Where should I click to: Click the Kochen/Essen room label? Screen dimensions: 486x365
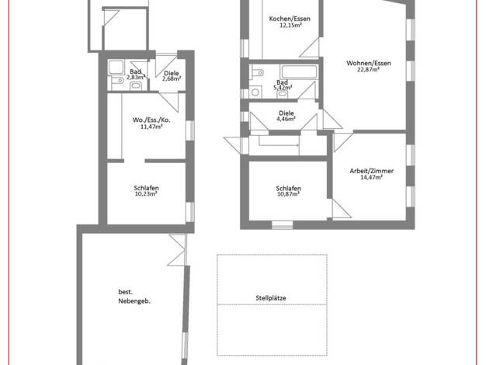[x=290, y=19]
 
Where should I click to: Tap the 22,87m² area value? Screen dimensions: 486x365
[x=368, y=69]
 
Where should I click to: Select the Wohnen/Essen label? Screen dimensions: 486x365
[x=369, y=63]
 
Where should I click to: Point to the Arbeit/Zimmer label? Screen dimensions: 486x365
[x=372, y=171]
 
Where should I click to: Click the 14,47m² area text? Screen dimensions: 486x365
[x=371, y=177]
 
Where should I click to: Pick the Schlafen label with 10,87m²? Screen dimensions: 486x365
[x=288, y=188]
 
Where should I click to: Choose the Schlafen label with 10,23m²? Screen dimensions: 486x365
[x=146, y=188]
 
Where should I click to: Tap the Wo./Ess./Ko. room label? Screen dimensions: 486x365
[x=151, y=120]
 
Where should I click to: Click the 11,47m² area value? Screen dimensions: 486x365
[x=151, y=127]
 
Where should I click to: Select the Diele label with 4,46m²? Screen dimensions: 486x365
[x=286, y=113]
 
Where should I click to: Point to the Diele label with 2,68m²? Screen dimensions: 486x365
[x=172, y=73]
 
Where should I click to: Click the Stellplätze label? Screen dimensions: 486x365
[x=271, y=298]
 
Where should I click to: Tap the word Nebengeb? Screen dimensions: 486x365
[x=134, y=301]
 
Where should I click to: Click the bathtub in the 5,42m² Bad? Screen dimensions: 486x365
[x=299, y=72]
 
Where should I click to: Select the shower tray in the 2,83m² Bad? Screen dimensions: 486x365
[x=116, y=67]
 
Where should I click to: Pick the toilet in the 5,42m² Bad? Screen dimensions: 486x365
[x=257, y=73]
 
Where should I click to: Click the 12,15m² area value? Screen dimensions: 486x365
[x=290, y=25]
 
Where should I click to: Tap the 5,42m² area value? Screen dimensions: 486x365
[x=283, y=88]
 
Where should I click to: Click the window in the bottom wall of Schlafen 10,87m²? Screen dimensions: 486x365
[x=283, y=225]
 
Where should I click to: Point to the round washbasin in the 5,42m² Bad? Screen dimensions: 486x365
[x=255, y=92]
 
